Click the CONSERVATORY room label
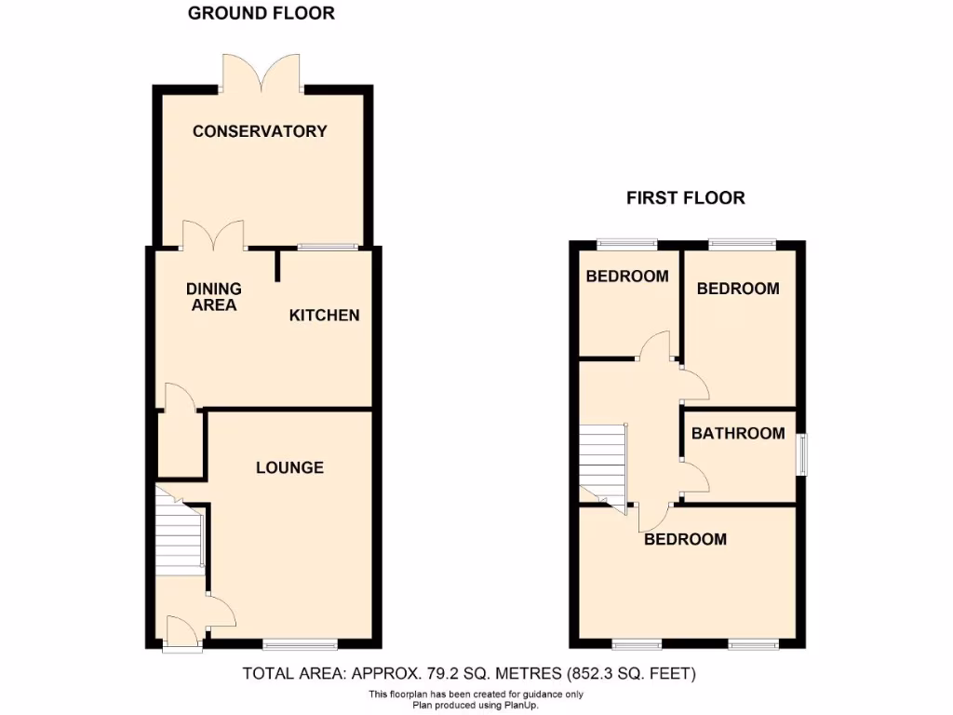pos(260,131)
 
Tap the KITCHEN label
pos(324,315)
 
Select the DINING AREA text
pos(214,297)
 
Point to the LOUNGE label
pos(290,467)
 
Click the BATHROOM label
pos(738,433)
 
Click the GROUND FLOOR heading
pos(262,13)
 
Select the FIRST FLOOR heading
pos(686,197)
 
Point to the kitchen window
pos(327,248)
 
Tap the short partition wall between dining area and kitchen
pos(278,264)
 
